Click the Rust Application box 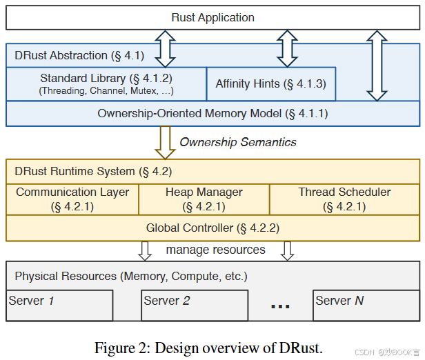coord(212,18)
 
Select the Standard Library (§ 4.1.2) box coord(106,83)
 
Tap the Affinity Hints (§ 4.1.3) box coord(270,84)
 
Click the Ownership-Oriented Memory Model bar coord(212,113)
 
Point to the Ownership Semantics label coord(238,142)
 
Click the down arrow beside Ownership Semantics coord(166,142)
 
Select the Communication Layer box coord(72,199)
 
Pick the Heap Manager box coord(204,199)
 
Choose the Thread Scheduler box coord(344,199)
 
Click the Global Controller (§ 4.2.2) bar coord(212,228)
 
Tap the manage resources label coord(215,250)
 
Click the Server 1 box coord(59,305)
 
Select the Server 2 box coord(194,305)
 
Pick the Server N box coord(365,305)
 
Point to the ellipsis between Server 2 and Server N coord(280,306)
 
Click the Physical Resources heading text coord(131,276)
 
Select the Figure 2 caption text coord(208,348)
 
